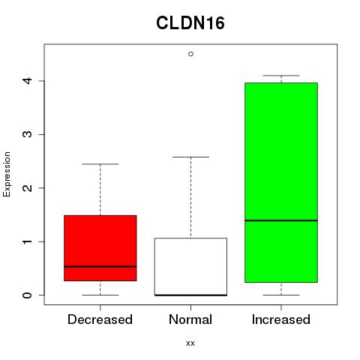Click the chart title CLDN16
190,23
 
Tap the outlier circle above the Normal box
190,54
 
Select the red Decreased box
100,248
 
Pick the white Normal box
190,267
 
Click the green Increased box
281,182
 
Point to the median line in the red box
100,266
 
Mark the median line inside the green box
281,220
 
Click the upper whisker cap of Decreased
100,164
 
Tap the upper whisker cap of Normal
190,157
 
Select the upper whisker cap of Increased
281,76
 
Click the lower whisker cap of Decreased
100,295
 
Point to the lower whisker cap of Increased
281,295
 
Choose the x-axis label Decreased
100,319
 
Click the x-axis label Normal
190,319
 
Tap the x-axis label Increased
281,319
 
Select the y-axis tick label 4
28,81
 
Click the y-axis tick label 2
28,188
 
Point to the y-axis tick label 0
28,295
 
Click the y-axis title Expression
7,174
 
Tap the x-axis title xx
190,343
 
